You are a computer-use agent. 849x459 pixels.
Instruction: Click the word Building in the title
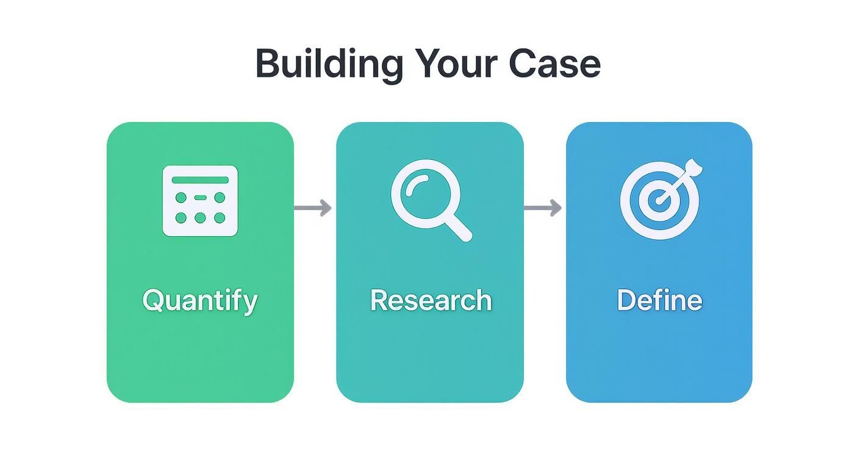click(329, 65)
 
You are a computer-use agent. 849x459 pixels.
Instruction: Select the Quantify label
click(200, 301)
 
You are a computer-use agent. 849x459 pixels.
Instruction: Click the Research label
click(431, 300)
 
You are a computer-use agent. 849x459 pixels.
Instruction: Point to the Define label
click(659, 300)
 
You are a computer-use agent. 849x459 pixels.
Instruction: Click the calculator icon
click(200, 201)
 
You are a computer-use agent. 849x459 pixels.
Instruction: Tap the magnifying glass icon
click(431, 200)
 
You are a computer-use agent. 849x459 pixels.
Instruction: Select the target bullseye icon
click(661, 199)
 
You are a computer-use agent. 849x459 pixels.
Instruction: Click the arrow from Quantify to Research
click(313, 208)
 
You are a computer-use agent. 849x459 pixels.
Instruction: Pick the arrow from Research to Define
click(543, 208)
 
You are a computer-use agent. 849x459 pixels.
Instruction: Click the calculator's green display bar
click(200, 180)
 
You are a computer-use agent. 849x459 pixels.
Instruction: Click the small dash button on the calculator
click(200, 198)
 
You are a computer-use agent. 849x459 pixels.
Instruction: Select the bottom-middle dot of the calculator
click(200, 218)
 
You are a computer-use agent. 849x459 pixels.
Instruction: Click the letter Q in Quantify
click(152, 300)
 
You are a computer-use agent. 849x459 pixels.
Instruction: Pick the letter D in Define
click(626, 300)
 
